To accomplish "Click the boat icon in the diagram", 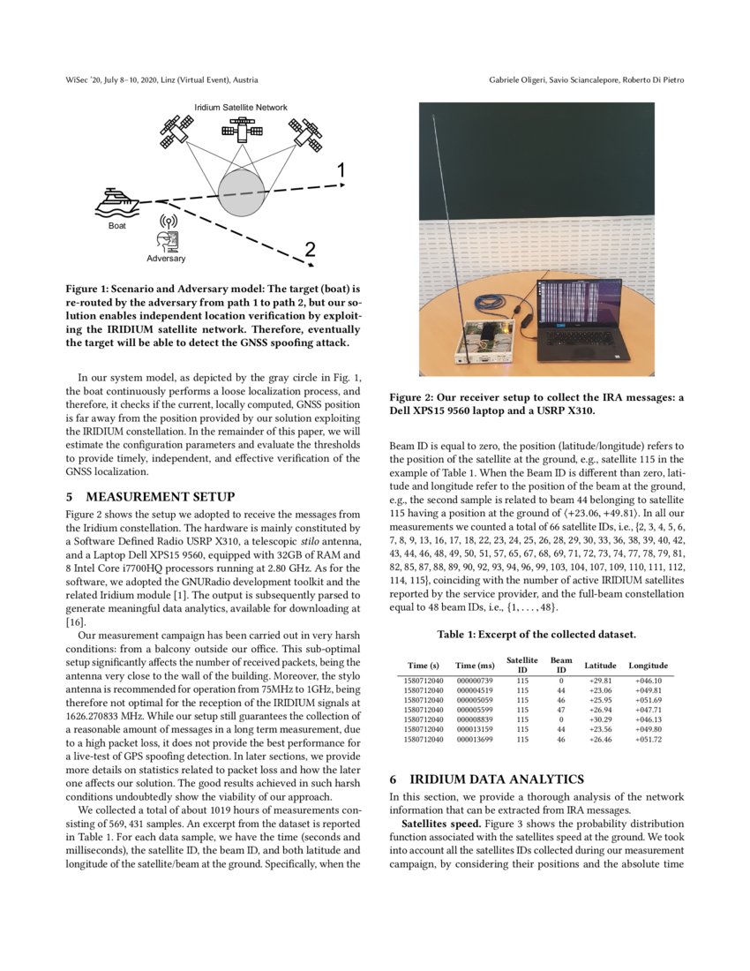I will (x=116, y=204).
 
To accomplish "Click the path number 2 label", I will (x=310, y=250).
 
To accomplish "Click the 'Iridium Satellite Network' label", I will (x=241, y=108).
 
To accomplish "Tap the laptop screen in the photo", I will (x=584, y=306).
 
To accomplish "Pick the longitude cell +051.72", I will (x=648, y=739).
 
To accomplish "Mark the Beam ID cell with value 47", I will (x=560, y=710).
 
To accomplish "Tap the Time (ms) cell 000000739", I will (x=475, y=681).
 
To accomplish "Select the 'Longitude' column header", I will (x=648, y=665).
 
